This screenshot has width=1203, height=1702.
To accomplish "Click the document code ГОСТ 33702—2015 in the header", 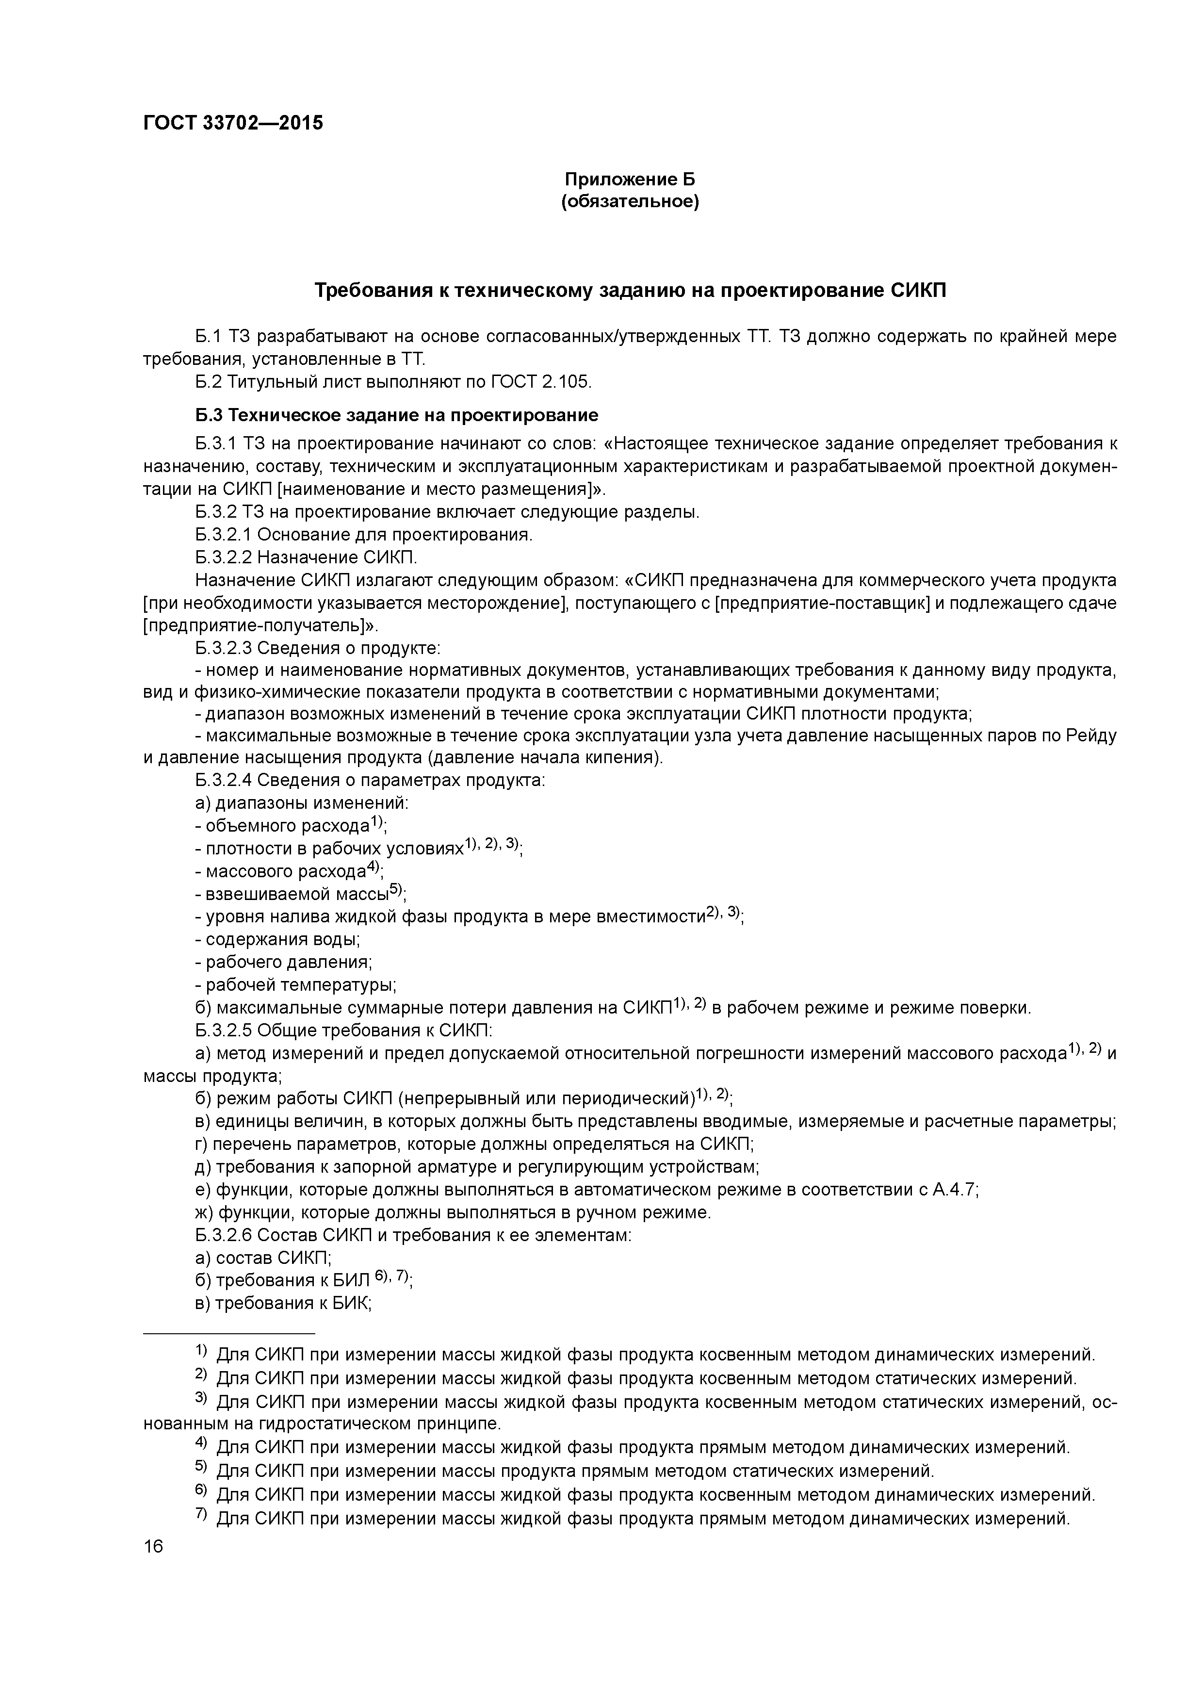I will (x=233, y=123).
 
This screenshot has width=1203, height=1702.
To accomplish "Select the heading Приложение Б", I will (x=630, y=180).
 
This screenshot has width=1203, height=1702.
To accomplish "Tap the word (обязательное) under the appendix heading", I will (x=630, y=202).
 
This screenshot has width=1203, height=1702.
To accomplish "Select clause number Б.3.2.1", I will (x=224, y=535).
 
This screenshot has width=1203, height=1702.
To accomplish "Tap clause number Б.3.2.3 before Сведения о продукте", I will (x=224, y=648).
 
